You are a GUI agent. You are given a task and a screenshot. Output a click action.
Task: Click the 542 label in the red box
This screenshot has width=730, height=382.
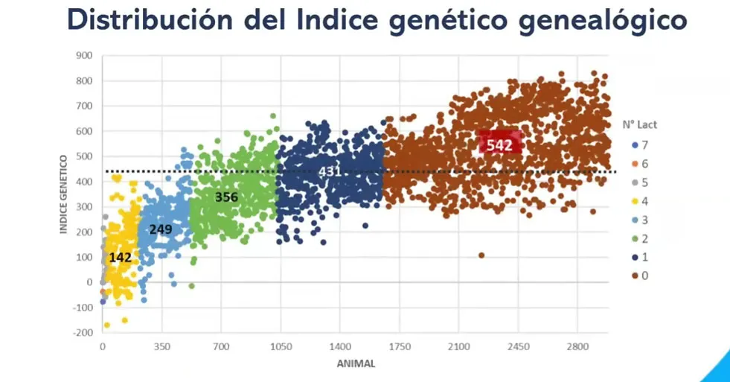(499, 145)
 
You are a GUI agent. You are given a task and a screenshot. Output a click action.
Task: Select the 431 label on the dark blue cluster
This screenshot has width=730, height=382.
(330, 171)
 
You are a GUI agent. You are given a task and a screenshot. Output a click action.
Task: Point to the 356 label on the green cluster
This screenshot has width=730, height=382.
(227, 197)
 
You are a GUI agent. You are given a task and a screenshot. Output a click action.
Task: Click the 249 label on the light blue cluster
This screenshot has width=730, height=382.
(161, 229)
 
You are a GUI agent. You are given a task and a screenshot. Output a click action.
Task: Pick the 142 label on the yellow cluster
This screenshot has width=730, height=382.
(121, 258)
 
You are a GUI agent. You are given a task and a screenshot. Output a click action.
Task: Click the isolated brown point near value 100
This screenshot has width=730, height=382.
(481, 255)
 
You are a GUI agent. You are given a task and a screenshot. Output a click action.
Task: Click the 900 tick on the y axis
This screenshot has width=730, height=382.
(83, 56)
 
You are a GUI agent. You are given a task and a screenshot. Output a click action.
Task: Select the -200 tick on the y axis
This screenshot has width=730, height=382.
(82, 333)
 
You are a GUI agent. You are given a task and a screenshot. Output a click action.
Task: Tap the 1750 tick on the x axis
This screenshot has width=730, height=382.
(400, 347)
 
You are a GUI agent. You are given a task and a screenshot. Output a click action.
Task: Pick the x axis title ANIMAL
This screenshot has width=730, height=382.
(354, 364)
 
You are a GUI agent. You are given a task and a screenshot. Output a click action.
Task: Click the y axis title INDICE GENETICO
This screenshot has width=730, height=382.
(65, 194)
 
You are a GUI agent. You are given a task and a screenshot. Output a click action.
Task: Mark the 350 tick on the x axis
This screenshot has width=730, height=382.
(162, 347)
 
